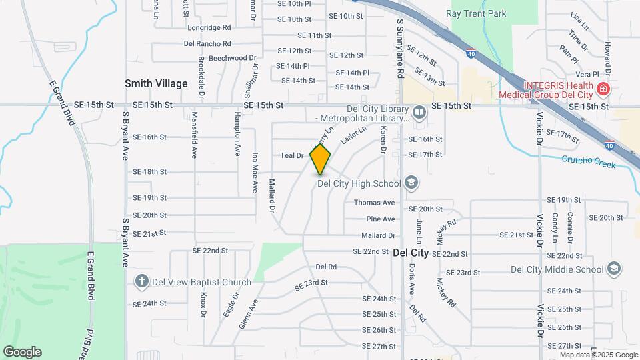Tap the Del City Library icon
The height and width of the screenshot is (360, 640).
419,111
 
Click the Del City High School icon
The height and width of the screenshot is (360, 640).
411,183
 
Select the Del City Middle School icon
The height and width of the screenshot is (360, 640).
614,269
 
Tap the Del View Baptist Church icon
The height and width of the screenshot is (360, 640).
141,282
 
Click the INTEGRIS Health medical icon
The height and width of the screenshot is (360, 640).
603,88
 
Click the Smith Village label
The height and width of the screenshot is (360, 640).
156,83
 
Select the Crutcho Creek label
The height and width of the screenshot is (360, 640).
588,159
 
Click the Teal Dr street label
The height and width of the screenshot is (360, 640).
292,155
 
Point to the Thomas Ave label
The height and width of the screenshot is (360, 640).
374,203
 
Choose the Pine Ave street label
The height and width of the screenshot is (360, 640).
380,219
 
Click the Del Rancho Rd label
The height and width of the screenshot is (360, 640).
207,44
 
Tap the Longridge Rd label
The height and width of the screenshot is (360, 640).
209,28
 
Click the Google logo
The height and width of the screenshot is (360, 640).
22,352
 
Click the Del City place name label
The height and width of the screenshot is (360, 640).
411,253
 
